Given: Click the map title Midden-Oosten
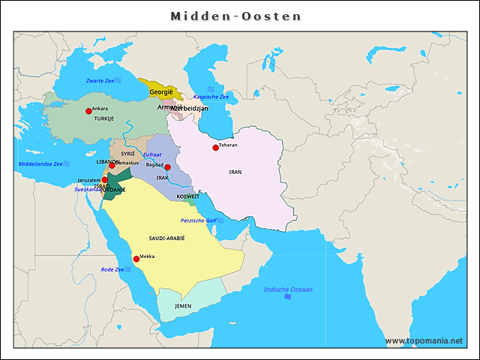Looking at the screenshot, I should [x=235, y=16].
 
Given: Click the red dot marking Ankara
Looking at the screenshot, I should [x=88, y=111].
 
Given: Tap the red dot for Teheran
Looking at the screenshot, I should [x=215, y=147].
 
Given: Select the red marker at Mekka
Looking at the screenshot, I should [x=136, y=259].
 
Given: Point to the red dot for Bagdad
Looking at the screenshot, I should [x=168, y=167].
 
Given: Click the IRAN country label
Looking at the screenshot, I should [x=235, y=172].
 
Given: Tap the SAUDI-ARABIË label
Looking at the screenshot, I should [x=166, y=237].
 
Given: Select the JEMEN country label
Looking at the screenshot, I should [x=183, y=306].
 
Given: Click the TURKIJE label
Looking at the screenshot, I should [x=103, y=118].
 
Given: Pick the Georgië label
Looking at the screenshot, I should [x=161, y=91].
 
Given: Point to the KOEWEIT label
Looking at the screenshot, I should [x=187, y=196].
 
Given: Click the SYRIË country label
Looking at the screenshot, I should [x=127, y=153].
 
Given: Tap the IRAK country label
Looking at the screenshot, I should [x=163, y=178].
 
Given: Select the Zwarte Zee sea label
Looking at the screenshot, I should [x=100, y=80].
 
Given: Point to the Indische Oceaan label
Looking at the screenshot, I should [x=288, y=289].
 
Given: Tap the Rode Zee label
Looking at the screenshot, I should [x=112, y=269].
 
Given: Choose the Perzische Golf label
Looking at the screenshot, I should [x=198, y=220].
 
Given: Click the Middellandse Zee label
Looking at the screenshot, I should [x=40, y=163].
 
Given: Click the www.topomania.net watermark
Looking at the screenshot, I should [x=424, y=340].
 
